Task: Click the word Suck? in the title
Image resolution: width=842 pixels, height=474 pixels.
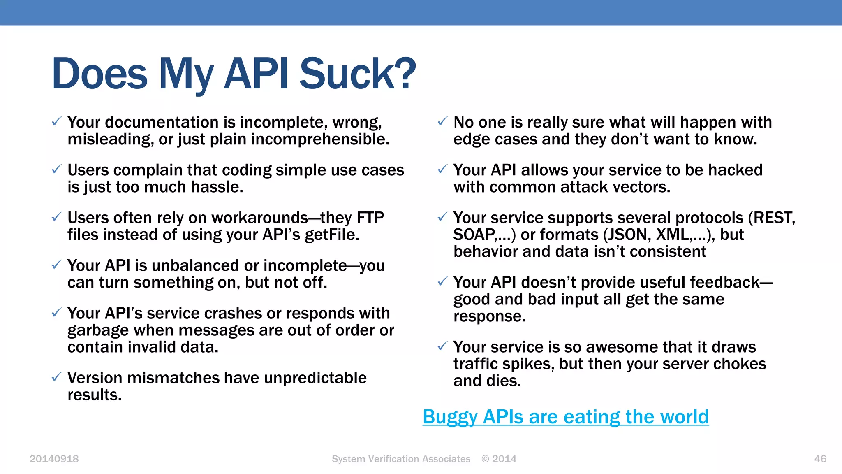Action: [x=357, y=74]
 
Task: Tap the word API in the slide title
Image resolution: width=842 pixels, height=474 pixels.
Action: [x=256, y=74]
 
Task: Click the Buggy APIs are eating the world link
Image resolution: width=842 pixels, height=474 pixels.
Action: [x=566, y=417]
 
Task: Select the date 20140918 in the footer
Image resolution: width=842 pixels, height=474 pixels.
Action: [x=54, y=459]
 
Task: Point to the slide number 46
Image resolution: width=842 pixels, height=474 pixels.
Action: [x=820, y=459]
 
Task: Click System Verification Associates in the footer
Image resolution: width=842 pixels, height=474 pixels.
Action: [x=401, y=459]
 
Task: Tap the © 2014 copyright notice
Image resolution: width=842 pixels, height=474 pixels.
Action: [x=499, y=459]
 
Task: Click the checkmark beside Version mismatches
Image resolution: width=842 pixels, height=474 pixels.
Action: [x=56, y=377]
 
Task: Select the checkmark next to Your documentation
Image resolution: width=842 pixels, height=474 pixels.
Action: [x=56, y=121]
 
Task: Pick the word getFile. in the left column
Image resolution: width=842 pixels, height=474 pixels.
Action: [x=332, y=235]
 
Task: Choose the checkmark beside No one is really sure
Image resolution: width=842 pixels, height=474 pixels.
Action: [x=442, y=121]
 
